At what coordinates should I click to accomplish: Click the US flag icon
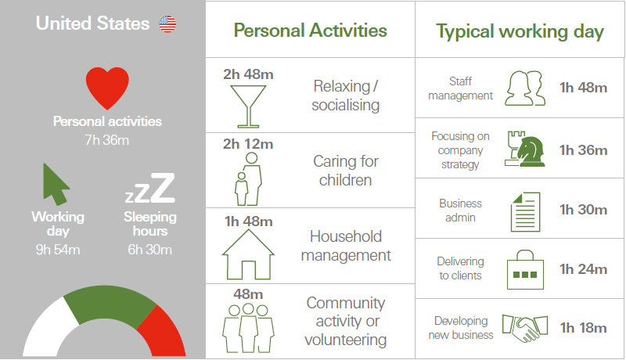tap(167, 24)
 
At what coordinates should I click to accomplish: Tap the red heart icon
tap(107, 87)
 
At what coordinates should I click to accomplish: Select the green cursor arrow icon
tap(55, 184)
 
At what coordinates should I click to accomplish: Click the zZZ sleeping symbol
tap(149, 188)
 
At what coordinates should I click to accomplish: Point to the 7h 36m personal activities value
tap(106, 140)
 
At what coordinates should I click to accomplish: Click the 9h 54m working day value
tap(58, 250)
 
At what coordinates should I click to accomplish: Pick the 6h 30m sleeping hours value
tap(149, 250)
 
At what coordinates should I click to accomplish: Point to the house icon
tap(248, 254)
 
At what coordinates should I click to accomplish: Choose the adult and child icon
tap(248, 178)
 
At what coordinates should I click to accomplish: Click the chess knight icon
tap(524, 149)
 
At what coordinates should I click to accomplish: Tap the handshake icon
tap(524, 328)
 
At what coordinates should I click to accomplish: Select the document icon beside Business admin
tap(525, 211)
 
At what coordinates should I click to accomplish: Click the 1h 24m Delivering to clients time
tap(583, 269)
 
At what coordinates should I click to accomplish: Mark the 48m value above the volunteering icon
tap(248, 294)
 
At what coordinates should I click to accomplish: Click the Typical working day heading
tap(520, 31)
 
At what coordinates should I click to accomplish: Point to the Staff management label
tap(460, 88)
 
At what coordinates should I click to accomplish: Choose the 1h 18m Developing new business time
tap(583, 328)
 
